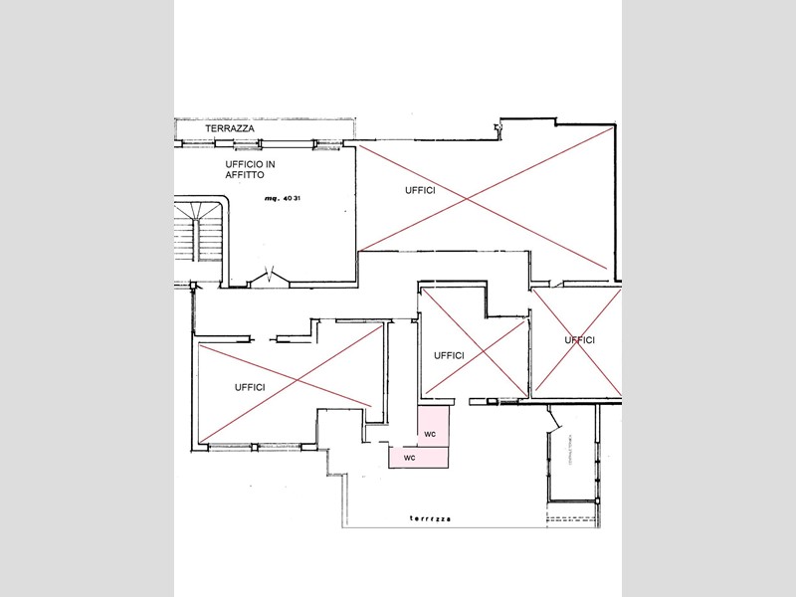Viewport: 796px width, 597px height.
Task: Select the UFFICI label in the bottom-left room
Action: (249, 387)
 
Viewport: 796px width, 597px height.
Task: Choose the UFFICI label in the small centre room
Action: (449, 355)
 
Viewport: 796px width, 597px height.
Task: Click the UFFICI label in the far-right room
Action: (579, 340)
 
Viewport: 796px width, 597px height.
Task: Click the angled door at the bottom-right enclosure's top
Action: (550, 422)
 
